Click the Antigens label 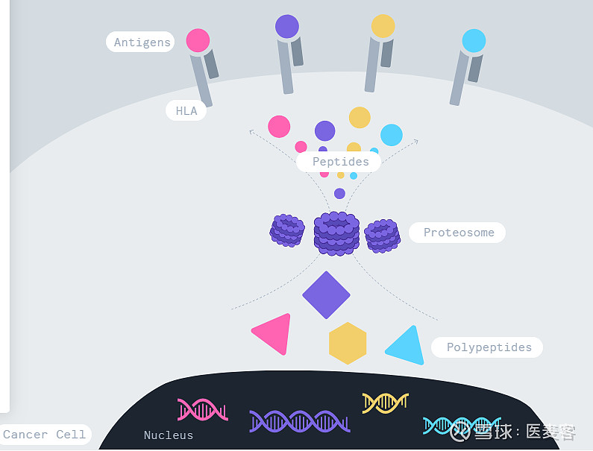(142, 42)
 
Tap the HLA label (186, 111)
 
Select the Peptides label (340, 162)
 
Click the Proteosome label (458, 233)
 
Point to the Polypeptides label (489, 347)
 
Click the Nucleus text (169, 435)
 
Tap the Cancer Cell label (45, 435)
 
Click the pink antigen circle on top (198, 40)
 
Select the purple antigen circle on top (287, 26)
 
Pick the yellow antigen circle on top (383, 26)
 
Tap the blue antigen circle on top (474, 40)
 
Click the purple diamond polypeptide (326, 295)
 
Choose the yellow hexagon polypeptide (348, 344)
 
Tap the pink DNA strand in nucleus (202, 410)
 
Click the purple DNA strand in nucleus (299, 421)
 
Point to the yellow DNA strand (385, 403)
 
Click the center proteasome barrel (336, 233)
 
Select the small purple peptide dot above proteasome (339, 194)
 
